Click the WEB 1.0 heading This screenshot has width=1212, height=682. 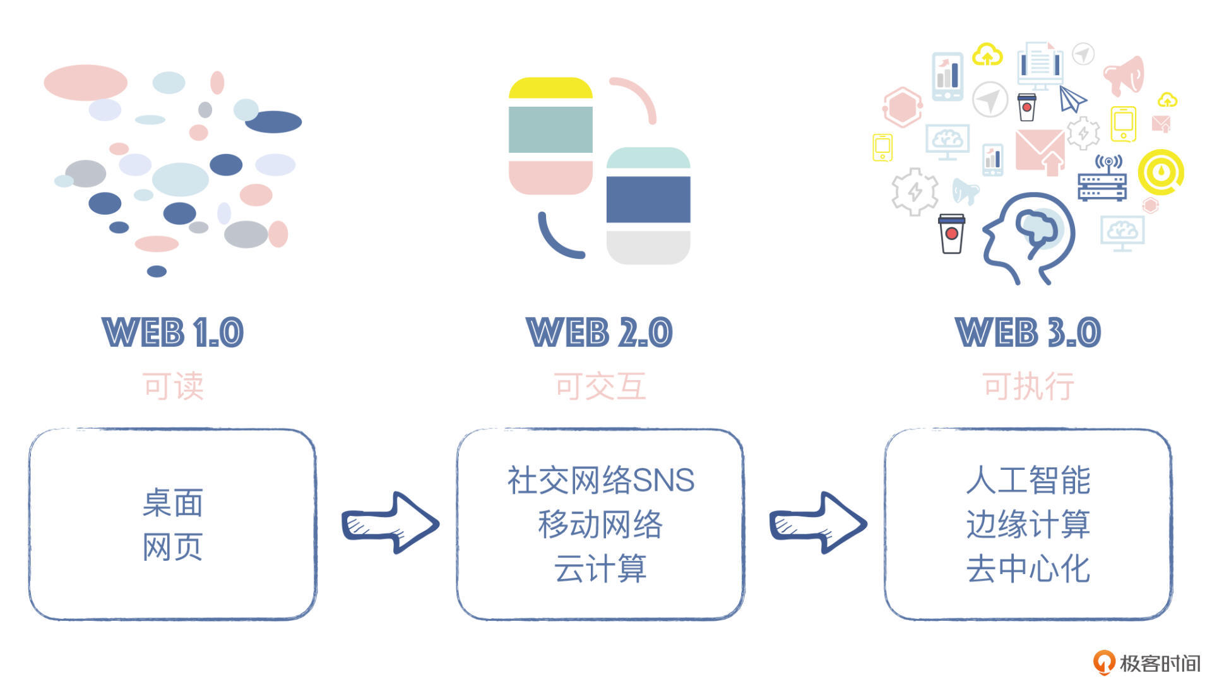(x=172, y=333)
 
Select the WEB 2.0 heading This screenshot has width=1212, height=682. (x=599, y=333)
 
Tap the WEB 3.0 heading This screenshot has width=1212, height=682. (x=1028, y=333)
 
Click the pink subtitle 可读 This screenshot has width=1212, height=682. (x=173, y=386)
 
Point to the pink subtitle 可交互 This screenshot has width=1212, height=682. (x=600, y=386)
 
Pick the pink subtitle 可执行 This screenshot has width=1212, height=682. (x=1028, y=386)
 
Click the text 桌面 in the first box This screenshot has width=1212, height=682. (x=172, y=503)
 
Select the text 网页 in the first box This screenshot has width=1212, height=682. (x=172, y=547)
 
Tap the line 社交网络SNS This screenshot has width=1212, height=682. (x=600, y=480)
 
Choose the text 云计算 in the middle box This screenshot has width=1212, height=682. (x=600, y=568)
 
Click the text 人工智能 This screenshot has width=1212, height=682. (x=1028, y=480)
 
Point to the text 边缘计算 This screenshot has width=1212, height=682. (x=1028, y=524)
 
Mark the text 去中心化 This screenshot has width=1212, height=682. (x=1028, y=568)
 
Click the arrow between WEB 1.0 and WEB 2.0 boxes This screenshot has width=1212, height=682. (x=390, y=523)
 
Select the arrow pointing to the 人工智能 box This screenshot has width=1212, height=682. (x=817, y=523)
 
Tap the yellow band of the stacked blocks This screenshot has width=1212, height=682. (x=550, y=88)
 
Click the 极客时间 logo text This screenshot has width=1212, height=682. (x=1159, y=663)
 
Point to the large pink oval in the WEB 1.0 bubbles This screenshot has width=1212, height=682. (x=85, y=82)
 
